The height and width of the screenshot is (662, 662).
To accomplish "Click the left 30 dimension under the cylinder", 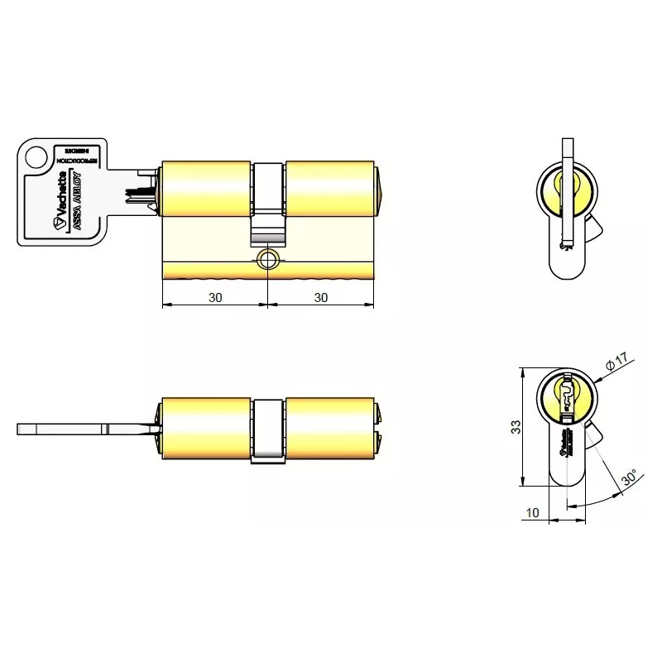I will [216, 296].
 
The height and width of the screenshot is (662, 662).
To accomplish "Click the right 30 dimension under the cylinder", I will [322, 296].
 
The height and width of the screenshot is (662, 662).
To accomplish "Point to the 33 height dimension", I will [514, 427].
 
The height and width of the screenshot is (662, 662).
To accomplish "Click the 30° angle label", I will [629, 479].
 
